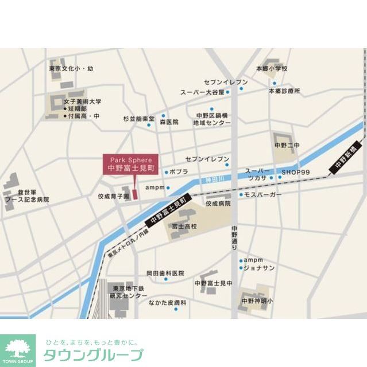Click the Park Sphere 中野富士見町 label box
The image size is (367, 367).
tap(131, 165)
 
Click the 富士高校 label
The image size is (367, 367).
tap(183, 227)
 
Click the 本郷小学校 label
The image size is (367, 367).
tap(271, 69)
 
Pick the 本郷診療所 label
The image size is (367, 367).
tap(284, 91)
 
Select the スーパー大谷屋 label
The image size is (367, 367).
tap(202, 92)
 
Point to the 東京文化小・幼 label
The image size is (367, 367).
tap(71, 69)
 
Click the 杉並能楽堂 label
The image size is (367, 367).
tap(138, 119)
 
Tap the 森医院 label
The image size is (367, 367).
tap(169, 122)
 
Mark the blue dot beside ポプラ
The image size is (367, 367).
tap(167, 172)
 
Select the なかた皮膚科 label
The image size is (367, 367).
tap(167, 302)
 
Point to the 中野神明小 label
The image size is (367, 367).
tap(257, 300)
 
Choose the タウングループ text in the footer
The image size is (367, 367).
tap(93, 354)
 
